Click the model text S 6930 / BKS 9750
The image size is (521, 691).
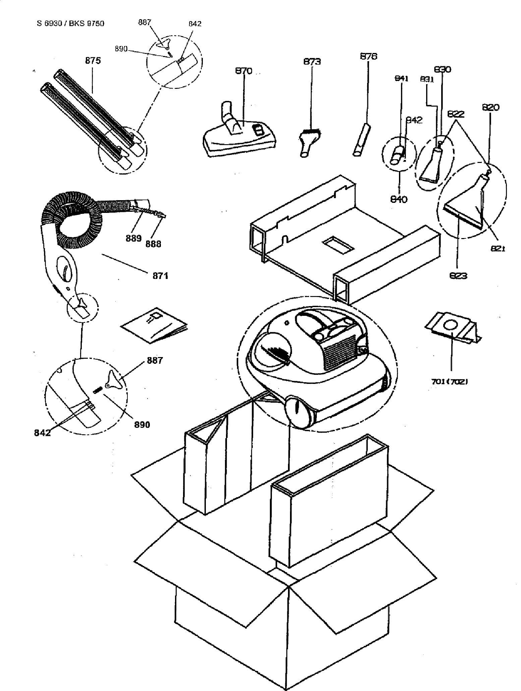[70, 23]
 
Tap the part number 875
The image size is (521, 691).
[93, 61]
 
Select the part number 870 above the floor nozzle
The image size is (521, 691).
[244, 71]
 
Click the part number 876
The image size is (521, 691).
[368, 56]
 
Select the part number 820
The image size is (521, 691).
[490, 107]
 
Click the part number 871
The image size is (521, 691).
[160, 276]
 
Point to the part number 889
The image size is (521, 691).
[134, 239]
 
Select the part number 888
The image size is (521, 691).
[153, 244]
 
